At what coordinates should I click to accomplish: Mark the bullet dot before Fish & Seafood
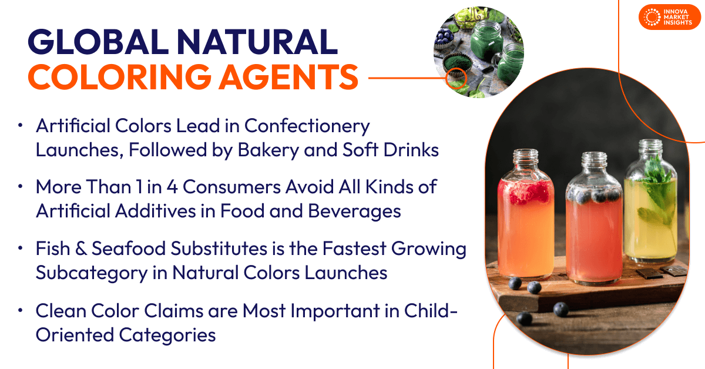21,249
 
